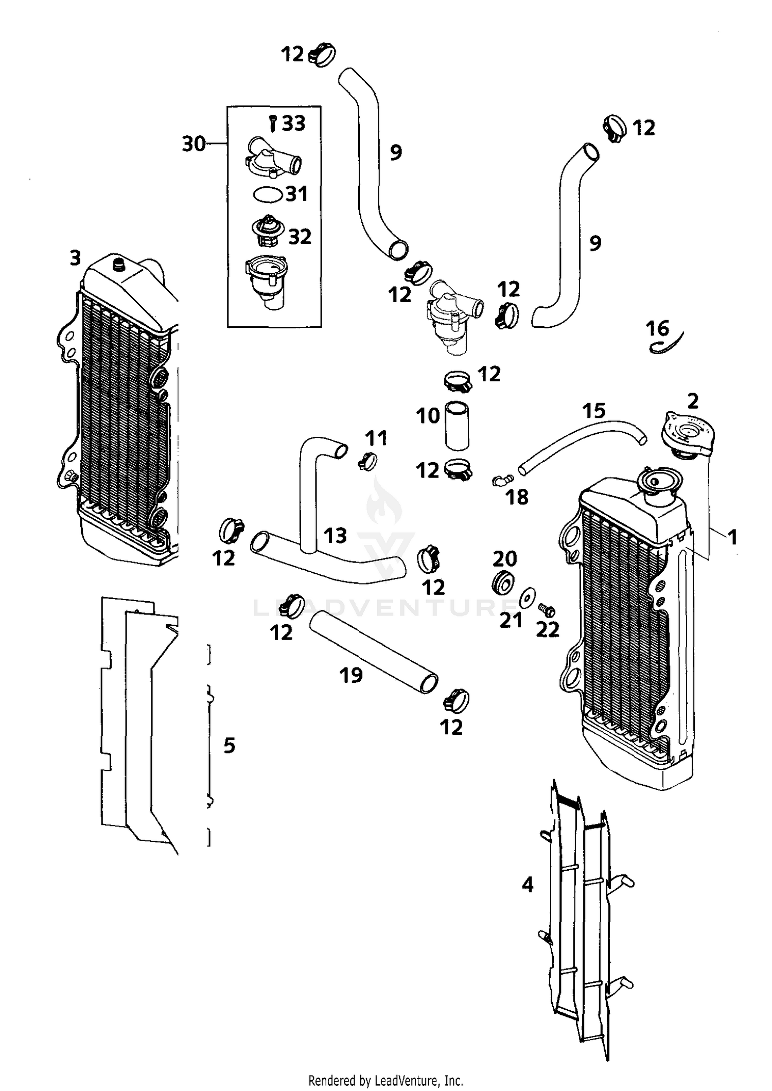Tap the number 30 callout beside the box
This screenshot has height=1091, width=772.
pos(194,144)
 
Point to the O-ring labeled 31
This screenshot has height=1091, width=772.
pos(268,195)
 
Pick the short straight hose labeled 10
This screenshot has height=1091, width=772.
pos(457,426)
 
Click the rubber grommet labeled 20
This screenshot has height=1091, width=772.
pos(503,583)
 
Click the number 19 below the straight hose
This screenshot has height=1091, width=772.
pos(351,675)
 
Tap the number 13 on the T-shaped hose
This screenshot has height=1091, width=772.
pos(335,536)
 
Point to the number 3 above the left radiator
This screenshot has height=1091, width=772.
pos(76,258)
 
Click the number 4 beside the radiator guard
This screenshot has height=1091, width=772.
pos(528,885)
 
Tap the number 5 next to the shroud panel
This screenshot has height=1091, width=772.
pos(230,745)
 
